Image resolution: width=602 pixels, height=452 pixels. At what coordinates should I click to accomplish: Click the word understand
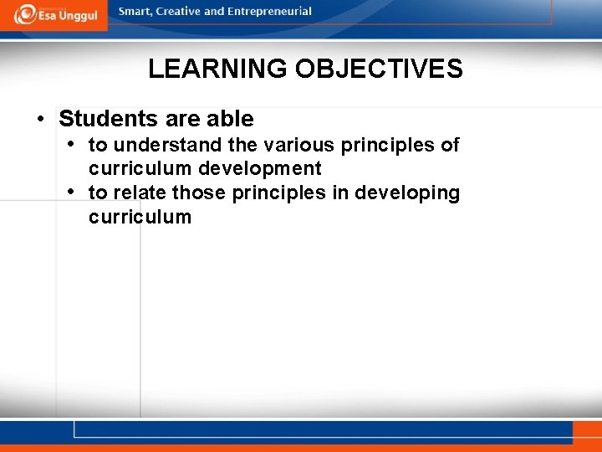pyautogui.click(x=168, y=145)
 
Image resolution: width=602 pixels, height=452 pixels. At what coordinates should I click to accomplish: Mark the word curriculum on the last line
pyautogui.click(x=140, y=217)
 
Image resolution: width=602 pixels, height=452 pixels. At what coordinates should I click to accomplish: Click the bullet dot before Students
pyautogui.click(x=40, y=119)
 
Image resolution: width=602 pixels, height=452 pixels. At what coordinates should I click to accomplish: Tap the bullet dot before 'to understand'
pyautogui.click(x=72, y=144)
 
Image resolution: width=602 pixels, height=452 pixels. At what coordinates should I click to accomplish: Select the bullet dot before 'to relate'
pyautogui.click(x=72, y=192)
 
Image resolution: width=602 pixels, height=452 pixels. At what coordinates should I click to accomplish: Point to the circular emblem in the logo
pyautogui.click(x=24, y=14)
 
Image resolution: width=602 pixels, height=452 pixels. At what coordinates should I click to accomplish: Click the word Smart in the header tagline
pyautogui.click(x=135, y=12)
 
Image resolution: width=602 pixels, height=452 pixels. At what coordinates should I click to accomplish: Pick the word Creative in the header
pyautogui.click(x=180, y=12)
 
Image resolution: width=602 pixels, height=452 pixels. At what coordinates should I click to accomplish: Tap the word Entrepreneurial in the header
pyautogui.click(x=270, y=12)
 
